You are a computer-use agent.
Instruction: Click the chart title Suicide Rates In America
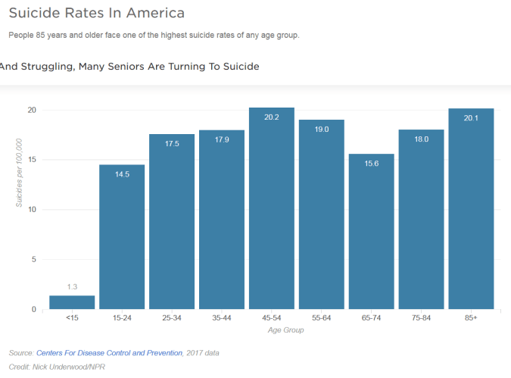96,14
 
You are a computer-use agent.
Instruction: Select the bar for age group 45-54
272,212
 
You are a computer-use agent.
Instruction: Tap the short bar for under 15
72,302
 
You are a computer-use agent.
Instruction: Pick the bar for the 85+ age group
471,212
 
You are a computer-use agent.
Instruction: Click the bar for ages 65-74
371,235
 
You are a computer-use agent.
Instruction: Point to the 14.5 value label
122,174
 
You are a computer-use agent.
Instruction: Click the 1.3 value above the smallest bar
72,286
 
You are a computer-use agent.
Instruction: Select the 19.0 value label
322,130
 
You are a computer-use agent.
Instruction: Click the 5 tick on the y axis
33,260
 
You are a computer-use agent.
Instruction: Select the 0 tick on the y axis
33,310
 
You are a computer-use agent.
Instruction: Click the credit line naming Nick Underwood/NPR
57,367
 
